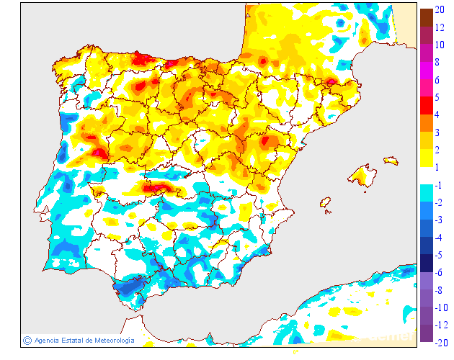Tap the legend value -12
pos(442,325)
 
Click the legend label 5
pos(438,97)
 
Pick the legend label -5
pos(440,254)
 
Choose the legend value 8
pos(438,62)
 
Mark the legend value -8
pos(440,289)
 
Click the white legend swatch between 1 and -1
pos(427,176)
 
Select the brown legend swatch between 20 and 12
pos(427,18)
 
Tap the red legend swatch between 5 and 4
pos(427,106)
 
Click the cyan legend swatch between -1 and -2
pos(427,193)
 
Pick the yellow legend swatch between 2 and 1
pos(427,158)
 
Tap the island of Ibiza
pos(326,204)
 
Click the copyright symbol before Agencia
pos(27,340)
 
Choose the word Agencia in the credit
pos(47,341)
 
